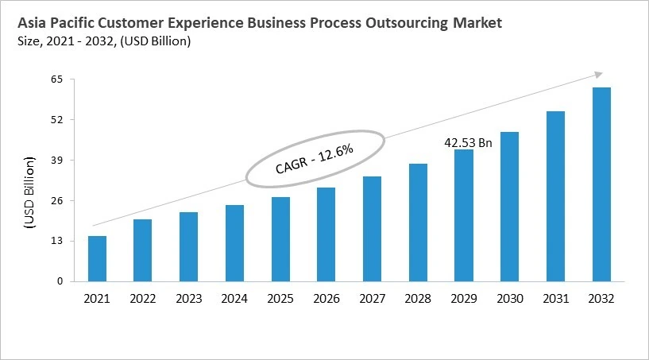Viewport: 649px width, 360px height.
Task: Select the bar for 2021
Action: coord(97,258)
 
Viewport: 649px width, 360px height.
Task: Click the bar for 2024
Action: coord(234,243)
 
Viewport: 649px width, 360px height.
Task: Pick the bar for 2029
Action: coord(464,215)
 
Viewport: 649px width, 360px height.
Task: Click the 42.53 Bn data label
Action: coord(468,143)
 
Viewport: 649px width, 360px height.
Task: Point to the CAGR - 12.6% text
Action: coord(314,159)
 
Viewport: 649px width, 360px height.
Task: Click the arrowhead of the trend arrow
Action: coord(597,75)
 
